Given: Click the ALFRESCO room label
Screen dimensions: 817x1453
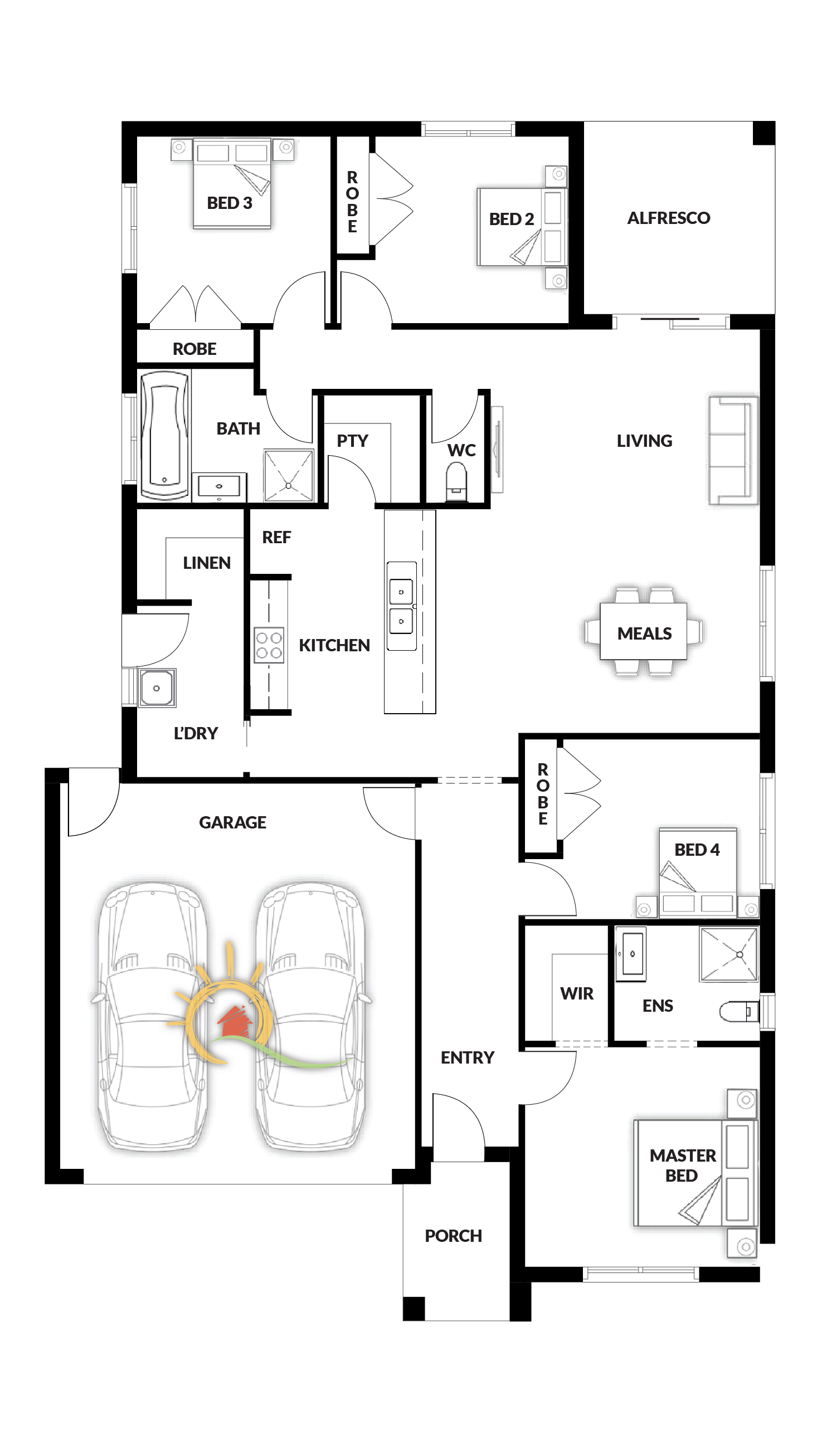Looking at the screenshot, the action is [x=669, y=218].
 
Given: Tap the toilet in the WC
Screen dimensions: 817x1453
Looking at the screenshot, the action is [x=456, y=482].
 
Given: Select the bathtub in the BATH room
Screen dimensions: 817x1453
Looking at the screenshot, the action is [x=165, y=435].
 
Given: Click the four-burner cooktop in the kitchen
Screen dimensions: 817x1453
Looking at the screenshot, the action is [x=269, y=645].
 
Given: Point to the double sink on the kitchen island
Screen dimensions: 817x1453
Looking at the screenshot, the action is [x=402, y=606].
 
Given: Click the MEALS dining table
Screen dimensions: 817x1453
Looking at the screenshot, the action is [x=644, y=632].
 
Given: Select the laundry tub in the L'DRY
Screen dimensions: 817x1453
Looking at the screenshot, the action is [x=157, y=688].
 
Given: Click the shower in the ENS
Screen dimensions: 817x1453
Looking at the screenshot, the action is [x=728, y=954].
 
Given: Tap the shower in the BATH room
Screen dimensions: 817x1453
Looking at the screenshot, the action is [x=288, y=475].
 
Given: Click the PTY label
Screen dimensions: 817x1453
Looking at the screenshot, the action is [x=353, y=441].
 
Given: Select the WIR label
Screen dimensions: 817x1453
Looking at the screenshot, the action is [x=577, y=993].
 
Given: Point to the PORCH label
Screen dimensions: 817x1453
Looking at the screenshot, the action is [x=453, y=1236].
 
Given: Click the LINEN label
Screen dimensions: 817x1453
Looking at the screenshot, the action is [x=207, y=562].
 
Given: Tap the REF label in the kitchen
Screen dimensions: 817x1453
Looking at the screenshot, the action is [x=276, y=537].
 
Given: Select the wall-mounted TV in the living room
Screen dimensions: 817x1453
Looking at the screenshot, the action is [x=497, y=450].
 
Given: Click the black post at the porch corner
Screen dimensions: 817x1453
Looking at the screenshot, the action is [x=414, y=1309].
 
